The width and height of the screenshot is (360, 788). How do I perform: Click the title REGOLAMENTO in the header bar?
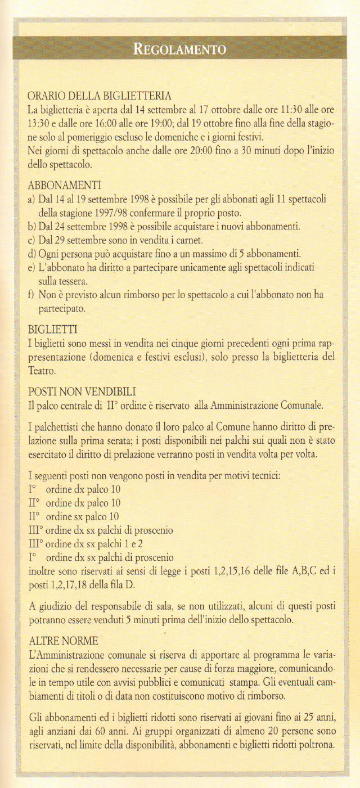tap(179, 48)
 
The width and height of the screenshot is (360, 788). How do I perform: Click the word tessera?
tap(70, 281)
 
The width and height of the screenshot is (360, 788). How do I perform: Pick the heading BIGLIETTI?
tap(52, 328)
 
